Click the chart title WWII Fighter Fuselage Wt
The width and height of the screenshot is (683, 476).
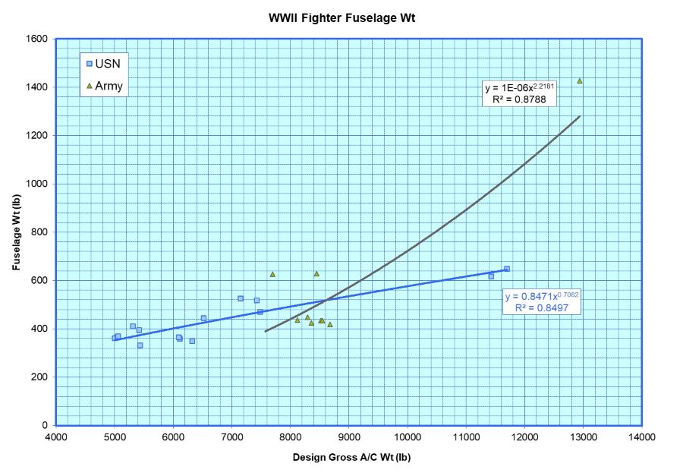pyautogui.click(x=341, y=17)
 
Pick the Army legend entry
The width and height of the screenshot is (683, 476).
pyautogui.click(x=103, y=87)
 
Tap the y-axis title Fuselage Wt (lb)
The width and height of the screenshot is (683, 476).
pyautogui.click(x=16, y=232)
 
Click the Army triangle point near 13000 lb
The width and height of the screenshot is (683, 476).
pyautogui.click(x=580, y=80)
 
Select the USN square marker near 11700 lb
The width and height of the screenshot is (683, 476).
pyautogui.click(x=507, y=269)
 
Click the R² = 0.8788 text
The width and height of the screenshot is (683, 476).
pyautogui.click(x=520, y=99)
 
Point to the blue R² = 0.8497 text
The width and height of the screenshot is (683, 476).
pyautogui.click(x=543, y=307)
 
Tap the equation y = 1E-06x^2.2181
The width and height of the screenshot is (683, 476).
pyautogui.click(x=520, y=87)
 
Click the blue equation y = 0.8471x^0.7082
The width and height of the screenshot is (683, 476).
pyautogui.click(x=543, y=296)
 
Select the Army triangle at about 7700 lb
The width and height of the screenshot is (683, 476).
pyautogui.click(x=272, y=274)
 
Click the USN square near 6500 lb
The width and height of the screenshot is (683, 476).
pyautogui.click(x=203, y=318)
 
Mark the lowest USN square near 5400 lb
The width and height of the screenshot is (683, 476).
pyautogui.click(x=140, y=345)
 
